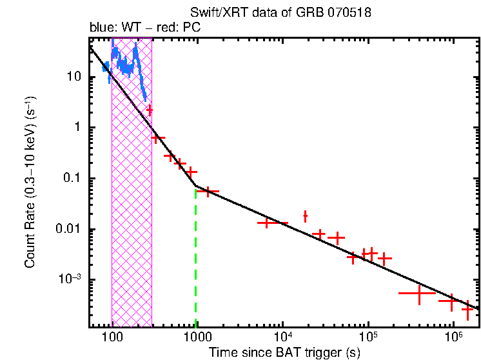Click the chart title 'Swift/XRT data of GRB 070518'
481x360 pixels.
[x=280, y=13]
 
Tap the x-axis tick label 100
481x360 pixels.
[x=112, y=337]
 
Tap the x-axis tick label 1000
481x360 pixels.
[x=197, y=337]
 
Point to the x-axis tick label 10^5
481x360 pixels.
[x=368, y=336]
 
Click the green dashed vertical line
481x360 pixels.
[x=195, y=258]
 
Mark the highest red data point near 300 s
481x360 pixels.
[x=150, y=110]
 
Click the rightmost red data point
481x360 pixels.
[x=467, y=310]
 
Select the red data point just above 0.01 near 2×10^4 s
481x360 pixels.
[x=305, y=216]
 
